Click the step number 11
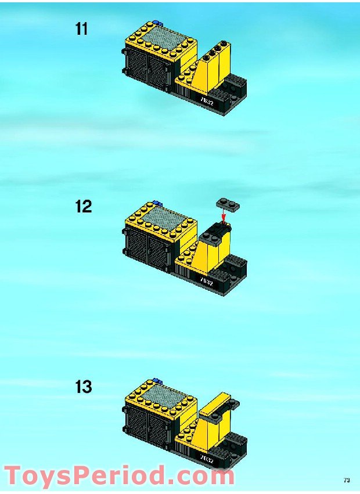tap(82, 29)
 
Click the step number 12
tap(83, 207)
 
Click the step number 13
tap(83, 387)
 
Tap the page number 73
tap(347, 480)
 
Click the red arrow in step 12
tap(222, 217)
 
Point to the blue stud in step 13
tap(156, 381)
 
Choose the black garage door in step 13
tap(146, 427)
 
